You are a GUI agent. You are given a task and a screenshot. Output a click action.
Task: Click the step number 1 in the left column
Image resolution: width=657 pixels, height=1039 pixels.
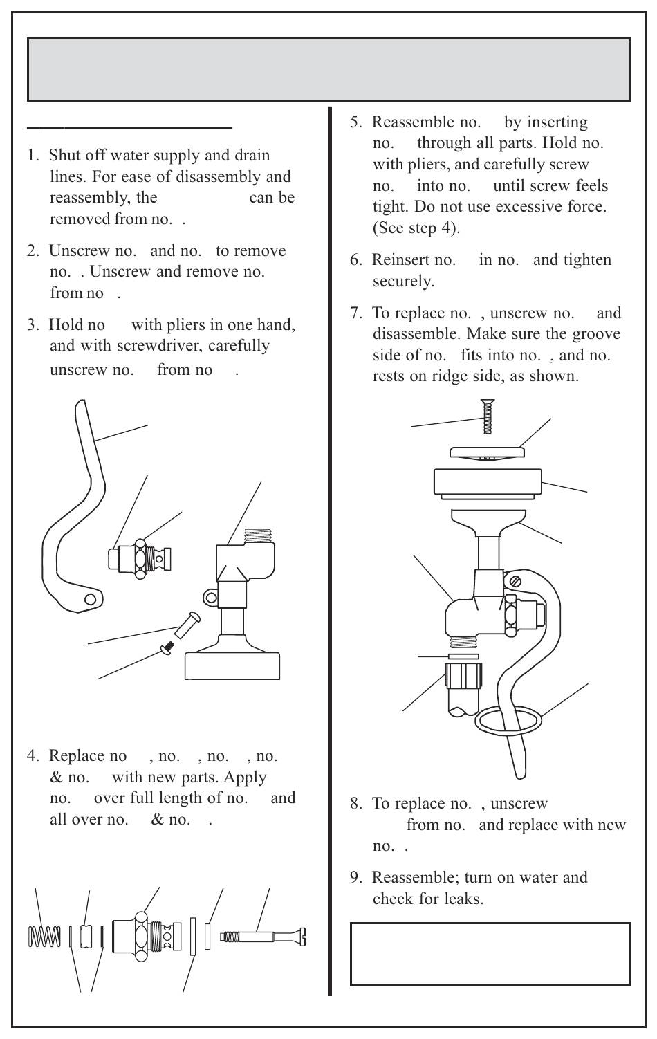33,155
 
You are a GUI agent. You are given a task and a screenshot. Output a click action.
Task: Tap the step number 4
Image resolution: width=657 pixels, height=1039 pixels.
33,756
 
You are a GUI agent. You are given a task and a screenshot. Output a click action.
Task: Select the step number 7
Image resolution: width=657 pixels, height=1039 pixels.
355,313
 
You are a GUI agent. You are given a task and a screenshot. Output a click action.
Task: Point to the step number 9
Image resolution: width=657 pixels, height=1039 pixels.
355,877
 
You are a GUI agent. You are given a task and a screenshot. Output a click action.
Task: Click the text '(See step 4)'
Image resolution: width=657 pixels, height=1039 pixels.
416,228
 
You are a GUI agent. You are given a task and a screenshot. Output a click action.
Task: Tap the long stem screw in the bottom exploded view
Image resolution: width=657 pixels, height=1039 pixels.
263,937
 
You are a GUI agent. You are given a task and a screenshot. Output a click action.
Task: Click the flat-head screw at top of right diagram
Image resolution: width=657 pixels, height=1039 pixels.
488,418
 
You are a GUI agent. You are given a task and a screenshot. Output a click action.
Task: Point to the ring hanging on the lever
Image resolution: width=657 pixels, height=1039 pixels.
508,720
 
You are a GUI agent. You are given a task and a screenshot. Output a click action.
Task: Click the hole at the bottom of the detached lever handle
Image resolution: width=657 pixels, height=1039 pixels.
90,599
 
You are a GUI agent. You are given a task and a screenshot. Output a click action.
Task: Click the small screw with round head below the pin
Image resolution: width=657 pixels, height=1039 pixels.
167,647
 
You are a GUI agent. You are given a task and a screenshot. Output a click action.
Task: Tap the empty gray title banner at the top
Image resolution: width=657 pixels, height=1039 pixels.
328,69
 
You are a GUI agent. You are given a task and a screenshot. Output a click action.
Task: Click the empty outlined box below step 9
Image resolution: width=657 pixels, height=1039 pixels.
490,953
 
